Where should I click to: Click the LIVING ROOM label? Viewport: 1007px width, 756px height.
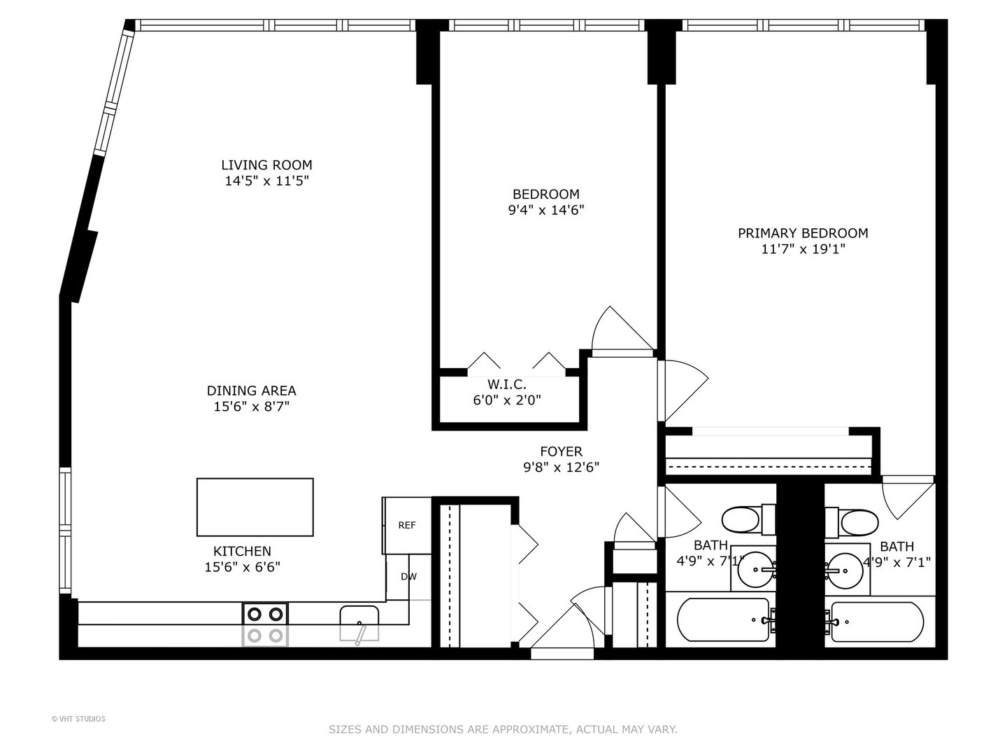(266, 165)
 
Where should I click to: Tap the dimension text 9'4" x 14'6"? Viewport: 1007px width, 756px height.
(545, 210)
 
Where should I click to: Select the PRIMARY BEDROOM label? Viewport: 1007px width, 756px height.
(803, 233)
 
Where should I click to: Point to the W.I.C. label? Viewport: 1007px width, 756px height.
(506, 384)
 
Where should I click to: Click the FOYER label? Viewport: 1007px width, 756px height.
(561, 451)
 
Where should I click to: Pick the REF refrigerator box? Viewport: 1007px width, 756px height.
(407, 526)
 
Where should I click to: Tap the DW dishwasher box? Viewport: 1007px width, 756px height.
(408, 577)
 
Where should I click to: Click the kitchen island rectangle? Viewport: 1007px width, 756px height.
(255, 507)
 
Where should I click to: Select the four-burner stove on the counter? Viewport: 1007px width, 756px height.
(265, 624)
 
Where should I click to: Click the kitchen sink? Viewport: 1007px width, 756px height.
(359, 623)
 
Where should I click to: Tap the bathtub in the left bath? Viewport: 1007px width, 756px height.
(723, 620)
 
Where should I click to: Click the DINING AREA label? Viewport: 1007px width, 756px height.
(251, 391)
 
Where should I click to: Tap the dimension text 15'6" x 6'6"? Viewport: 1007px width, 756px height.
(242, 567)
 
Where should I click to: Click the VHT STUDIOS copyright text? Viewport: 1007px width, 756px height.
(78, 719)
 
